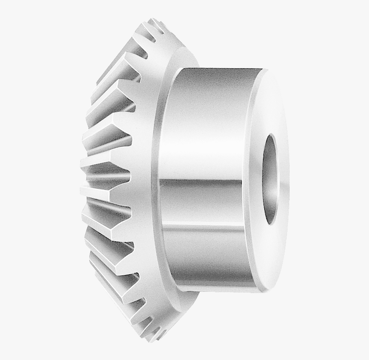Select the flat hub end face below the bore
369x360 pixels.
[270, 257]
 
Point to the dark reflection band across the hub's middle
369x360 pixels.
[202, 189]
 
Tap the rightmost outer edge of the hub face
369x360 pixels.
[289, 180]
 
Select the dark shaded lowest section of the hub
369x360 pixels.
[206, 275]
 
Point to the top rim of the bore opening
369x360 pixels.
[271, 135]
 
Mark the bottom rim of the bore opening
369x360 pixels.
[271, 224]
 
